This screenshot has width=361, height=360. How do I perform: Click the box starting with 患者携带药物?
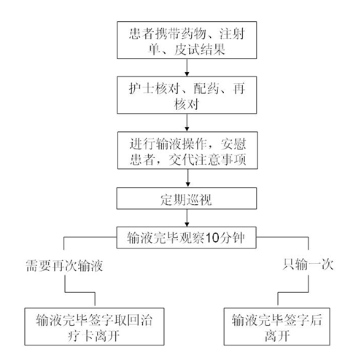point(187,40)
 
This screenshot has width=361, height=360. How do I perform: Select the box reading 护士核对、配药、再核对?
point(187,95)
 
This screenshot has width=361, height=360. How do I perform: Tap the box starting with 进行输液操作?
point(187,150)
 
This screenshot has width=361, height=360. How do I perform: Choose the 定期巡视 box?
point(187,198)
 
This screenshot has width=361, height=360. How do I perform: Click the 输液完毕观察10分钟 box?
point(186,238)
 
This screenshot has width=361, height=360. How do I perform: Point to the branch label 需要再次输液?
point(64,265)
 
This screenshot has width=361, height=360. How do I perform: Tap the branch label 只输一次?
point(308,265)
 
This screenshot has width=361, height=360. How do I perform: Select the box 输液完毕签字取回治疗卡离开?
point(94,326)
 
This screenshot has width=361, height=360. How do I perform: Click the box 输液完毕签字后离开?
point(276,326)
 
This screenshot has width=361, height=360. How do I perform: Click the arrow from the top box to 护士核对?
point(187,68)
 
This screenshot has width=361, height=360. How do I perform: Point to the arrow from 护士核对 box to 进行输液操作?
point(187,122)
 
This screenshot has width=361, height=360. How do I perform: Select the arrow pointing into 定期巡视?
point(187,179)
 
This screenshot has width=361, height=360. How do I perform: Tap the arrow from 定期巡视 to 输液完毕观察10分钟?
point(187,218)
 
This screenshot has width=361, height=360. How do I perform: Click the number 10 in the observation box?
point(212,238)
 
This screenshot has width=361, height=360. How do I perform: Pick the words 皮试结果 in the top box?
point(199,50)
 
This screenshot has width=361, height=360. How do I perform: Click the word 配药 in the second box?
point(206,88)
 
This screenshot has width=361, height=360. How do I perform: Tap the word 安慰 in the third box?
point(233,144)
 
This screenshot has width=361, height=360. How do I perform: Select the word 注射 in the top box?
point(232,34)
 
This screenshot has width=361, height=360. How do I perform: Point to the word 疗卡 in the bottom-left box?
point(81,336)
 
